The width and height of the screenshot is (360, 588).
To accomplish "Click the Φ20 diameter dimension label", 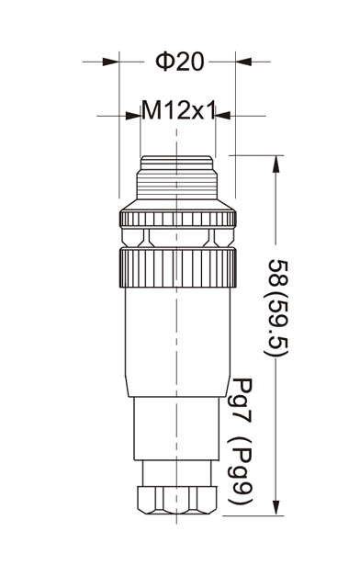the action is [180, 62].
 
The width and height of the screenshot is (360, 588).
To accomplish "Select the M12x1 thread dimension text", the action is [178, 110].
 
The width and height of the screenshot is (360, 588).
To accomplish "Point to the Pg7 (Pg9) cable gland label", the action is [241, 441].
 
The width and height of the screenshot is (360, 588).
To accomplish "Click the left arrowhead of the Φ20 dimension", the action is [110, 62].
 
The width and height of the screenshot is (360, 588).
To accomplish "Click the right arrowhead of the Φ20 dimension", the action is [243, 62].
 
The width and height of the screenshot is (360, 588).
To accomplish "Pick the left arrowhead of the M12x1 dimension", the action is [133, 116].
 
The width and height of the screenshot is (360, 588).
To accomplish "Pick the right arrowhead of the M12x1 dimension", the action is [223, 116].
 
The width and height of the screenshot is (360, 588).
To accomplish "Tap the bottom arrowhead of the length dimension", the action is [276, 507].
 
